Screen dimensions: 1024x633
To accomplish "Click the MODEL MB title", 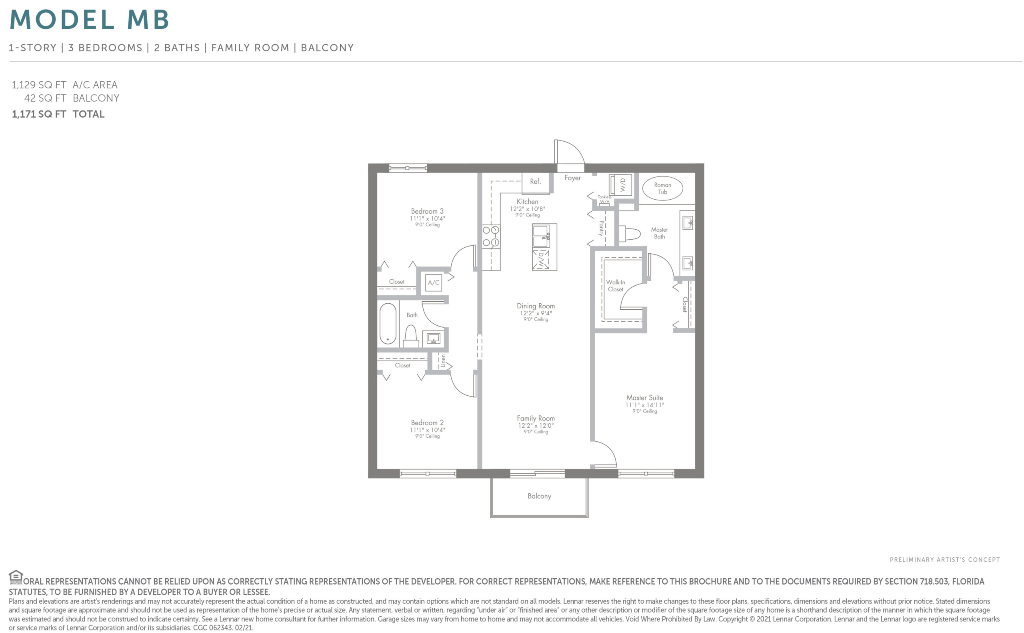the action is (x=89, y=19).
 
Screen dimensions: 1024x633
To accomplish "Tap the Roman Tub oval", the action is (x=662, y=188).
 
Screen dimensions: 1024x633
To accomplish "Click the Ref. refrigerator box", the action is (x=535, y=183).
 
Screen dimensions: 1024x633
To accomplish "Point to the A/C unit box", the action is (x=434, y=282).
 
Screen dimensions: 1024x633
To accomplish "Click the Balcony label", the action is (x=539, y=496).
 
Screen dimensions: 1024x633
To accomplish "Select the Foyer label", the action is (x=572, y=178).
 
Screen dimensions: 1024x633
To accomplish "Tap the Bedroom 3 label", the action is (x=427, y=211).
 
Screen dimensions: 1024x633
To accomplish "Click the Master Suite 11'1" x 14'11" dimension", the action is (x=644, y=405).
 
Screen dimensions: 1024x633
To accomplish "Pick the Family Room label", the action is (x=536, y=418).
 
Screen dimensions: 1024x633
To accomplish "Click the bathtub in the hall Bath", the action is (x=388, y=324).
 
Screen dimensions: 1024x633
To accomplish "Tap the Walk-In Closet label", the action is (x=616, y=286).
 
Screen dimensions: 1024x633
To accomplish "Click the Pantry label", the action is (x=601, y=228).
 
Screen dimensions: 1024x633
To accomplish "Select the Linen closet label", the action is (x=443, y=361).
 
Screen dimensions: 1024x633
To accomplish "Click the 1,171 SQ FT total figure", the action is (x=39, y=114).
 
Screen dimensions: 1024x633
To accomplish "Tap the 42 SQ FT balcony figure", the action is (x=45, y=98).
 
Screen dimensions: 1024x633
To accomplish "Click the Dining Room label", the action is (x=536, y=306).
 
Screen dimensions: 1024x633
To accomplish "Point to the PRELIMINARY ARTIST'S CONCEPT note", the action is (x=944, y=560).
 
